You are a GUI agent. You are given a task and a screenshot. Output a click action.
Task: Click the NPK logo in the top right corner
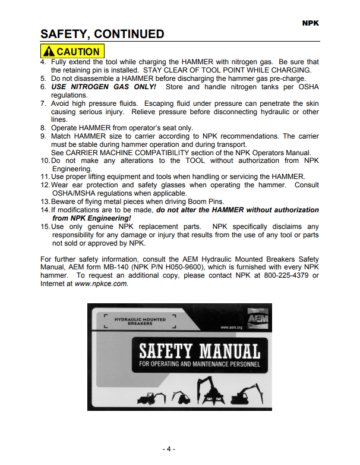310,22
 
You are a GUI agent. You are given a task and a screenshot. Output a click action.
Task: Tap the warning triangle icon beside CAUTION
49,52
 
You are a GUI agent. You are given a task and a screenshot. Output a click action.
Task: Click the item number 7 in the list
43,103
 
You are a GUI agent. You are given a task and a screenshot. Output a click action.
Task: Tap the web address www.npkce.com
100,284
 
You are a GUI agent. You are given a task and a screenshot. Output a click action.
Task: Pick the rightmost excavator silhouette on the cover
245,393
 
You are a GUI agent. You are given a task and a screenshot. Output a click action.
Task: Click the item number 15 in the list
45,227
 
